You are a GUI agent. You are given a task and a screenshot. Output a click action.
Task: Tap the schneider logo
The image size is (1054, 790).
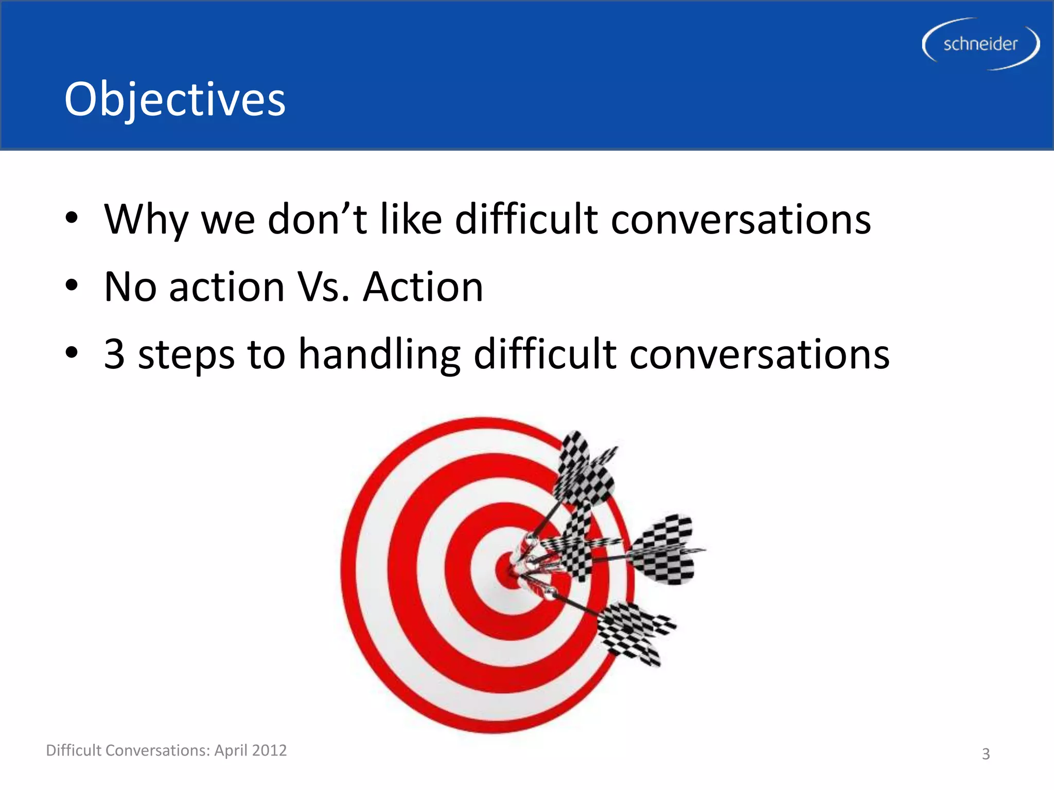980,44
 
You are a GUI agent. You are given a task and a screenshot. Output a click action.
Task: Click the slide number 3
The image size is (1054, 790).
986,754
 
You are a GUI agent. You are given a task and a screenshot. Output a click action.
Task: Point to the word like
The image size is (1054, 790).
411,220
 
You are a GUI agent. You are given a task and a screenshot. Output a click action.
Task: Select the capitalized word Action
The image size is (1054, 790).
423,287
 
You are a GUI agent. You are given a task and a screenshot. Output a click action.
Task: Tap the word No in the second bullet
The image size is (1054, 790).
130,287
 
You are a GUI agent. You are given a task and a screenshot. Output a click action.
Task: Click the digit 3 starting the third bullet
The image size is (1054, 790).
114,354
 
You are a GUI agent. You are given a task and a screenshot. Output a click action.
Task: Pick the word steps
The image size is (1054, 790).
186,355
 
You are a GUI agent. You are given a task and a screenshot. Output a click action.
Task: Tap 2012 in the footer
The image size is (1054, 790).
269,750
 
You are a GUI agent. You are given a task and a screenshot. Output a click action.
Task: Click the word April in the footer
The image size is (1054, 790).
231,750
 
